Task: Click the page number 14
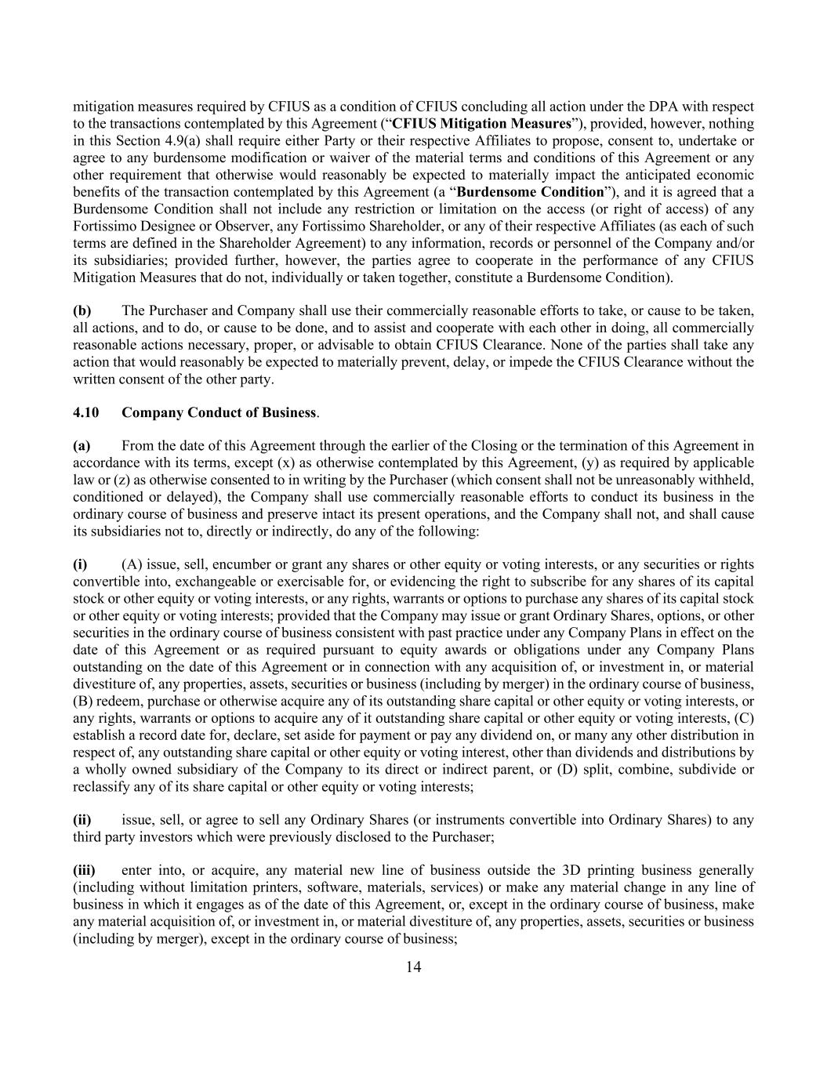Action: coord(413,967)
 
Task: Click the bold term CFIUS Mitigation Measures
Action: coord(481,124)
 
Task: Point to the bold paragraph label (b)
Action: coord(82,310)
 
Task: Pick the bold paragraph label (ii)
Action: coord(82,820)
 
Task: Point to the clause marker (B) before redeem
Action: coord(82,702)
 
